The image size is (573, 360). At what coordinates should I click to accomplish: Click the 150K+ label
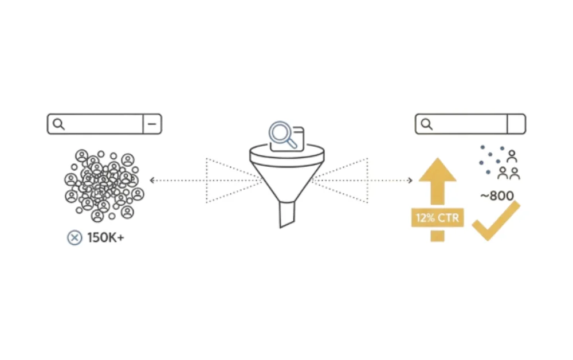(x=105, y=237)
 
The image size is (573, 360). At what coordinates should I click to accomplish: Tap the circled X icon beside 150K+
(x=74, y=237)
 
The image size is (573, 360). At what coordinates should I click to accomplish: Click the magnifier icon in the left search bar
(x=58, y=124)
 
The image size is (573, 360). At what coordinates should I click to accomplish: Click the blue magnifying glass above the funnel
(x=282, y=135)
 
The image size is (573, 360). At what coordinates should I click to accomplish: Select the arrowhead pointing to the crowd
(x=152, y=181)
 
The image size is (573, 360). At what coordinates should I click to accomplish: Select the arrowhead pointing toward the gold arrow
(x=410, y=181)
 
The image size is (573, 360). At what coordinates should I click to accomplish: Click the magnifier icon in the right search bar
(x=426, y=124)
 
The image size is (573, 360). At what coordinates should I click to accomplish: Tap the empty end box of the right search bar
(x=516, y=124)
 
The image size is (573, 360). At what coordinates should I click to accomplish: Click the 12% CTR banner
(x=437, y=218)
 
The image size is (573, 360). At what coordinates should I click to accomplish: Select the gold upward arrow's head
(x=437, y=170)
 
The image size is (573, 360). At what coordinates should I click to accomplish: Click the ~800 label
(x=497, y=196)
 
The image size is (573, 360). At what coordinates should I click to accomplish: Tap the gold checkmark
(x=495, y=221)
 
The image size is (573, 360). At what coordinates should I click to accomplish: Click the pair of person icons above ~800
(x=508, y=173)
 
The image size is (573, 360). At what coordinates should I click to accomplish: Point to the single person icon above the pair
(x=512, y=155)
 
